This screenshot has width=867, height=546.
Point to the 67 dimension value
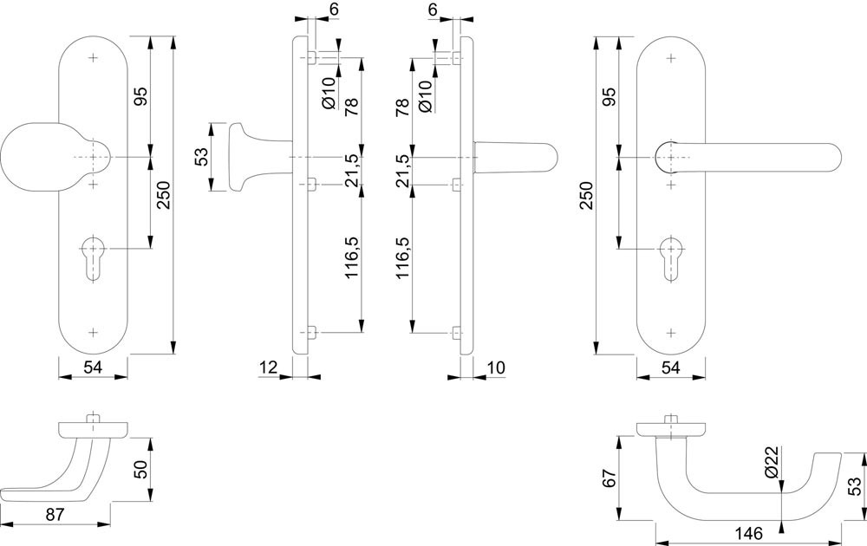tap(608, 477)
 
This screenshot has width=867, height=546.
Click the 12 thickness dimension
tap(267, 368)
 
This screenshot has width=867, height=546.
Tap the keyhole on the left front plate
tap(95, 258)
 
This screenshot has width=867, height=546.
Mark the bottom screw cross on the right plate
tap(670, 331)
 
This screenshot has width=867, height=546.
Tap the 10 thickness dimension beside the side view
tap(496, 368)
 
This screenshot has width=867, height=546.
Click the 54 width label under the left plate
tap(94, 368)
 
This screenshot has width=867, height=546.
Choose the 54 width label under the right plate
tap(670, 368)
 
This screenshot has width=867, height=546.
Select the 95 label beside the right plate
tap(610, 95)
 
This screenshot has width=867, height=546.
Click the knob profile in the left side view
tap(245, 157)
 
